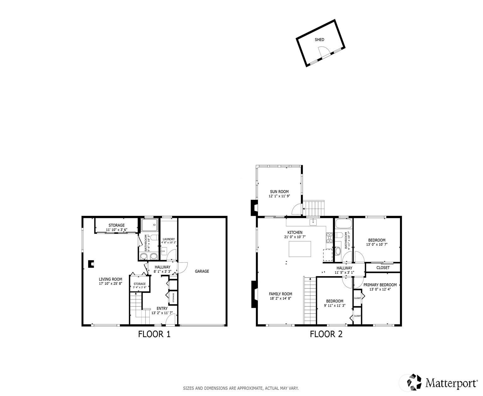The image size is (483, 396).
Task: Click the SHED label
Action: click(x=319, y=40)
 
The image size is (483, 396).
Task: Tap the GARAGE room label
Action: click(x=202, y=271)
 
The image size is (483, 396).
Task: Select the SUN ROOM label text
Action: click(x=279, y=192)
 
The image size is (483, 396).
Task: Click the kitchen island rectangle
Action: click(x=300, y=249)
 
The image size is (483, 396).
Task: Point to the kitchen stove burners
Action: click(x=329, y=238)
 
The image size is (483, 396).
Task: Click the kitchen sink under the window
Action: click(x=313, y=222)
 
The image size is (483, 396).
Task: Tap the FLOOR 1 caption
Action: click(x=154, y=334)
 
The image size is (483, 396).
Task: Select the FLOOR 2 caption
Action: click(x=326, y=334)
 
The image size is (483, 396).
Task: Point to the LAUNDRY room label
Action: click(x=169, y=239)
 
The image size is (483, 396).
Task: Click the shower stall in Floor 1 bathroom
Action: click(x=150, y=225)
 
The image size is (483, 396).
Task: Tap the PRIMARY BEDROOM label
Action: click(x=380, y=285)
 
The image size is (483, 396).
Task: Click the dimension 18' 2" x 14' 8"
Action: click(x=280, y=298)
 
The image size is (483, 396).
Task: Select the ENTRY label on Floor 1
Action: click(x=162, y=308)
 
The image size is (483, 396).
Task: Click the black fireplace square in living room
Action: click(x=91, y=264)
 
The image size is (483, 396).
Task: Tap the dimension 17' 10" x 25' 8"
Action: click(x=110, y=283)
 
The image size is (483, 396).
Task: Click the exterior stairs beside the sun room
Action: click(x=313, y=209)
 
